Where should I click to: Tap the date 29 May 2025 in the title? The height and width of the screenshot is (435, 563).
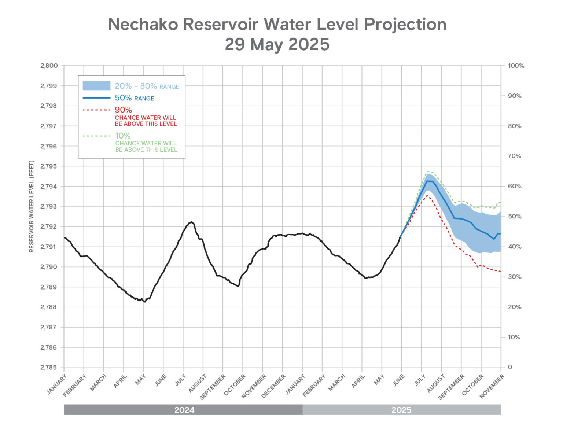(x=277, y=44)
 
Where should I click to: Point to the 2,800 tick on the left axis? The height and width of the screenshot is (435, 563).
(x=49, y=66)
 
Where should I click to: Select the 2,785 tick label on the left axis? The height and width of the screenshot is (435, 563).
(x=49, y=367)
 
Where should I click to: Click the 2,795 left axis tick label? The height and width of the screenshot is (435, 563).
(x=49, y=166)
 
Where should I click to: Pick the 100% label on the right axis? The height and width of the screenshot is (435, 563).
(x=516, y=66)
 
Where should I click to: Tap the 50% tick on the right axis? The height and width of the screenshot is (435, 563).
(x=514, y=217)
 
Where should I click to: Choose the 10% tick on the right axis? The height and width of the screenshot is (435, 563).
(x=514, y=337)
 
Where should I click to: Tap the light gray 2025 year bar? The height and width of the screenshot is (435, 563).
(x=401, y=410)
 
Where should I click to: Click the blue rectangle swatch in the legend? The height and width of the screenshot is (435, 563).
(x=96, y=86)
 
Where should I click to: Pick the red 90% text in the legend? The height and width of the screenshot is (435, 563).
(x=123, y=110)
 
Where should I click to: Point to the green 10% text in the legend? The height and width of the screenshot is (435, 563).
(x=123, y=136)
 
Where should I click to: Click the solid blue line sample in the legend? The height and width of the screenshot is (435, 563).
(x=96, y=98)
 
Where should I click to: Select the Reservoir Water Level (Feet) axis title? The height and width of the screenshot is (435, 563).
(x=32, y=206)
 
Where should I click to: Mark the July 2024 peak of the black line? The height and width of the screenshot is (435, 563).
(x=191, y=222)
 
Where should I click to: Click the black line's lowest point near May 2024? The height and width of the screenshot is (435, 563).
(x=145, y=302)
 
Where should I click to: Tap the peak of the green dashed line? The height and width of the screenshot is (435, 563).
(x=428, y=171)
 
